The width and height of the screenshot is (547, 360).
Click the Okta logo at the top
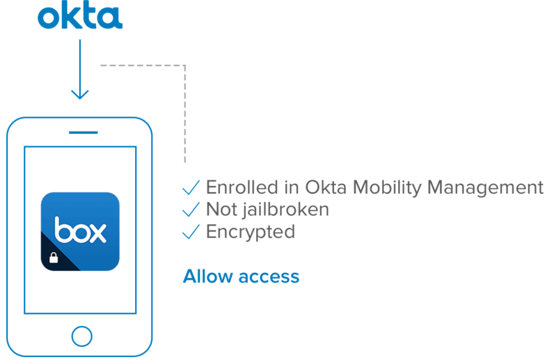(x=80, y=17)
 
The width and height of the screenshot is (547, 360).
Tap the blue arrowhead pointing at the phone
(x=80, y=93)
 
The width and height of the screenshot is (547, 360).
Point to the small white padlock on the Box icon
(x=53, y=260)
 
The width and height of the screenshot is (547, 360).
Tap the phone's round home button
(x=81, y=336)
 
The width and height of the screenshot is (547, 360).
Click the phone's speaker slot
(x=83, y=132)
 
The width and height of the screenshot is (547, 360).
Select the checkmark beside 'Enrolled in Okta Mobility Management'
(x=190, y=188)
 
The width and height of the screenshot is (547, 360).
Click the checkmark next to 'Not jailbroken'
(x=190, y=210)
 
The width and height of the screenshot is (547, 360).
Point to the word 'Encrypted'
(x=250, y=232)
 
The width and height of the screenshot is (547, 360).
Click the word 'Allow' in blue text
(x=207, y=276)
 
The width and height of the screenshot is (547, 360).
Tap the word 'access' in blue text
(x=269, y=277)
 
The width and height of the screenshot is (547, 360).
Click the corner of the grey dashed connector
(x=185, y=66)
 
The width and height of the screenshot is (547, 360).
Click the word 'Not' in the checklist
(x=221, y=209)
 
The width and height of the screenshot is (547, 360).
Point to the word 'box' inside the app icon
(x=80, y=230)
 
